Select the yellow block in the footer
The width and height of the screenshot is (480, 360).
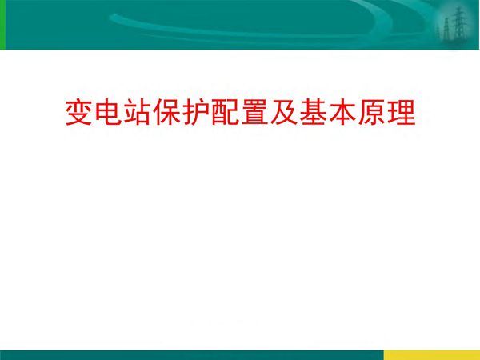431,354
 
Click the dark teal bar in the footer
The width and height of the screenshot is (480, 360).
192,354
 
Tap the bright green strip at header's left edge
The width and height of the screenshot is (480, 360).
2,24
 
